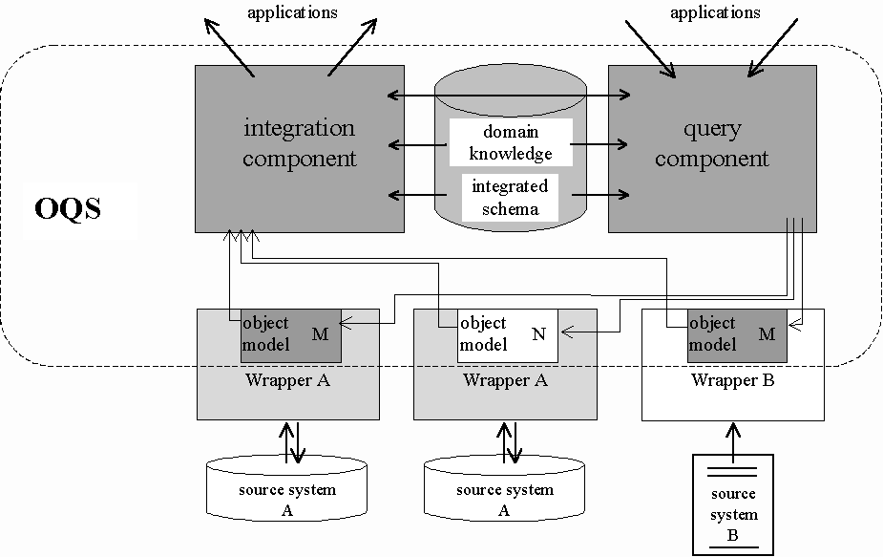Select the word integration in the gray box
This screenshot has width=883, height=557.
[x=299, y=128]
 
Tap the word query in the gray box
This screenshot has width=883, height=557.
[x=711, y=128]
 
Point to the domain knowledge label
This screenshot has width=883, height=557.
[x=510, y=141]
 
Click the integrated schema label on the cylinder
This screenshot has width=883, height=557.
[x=510, y=197]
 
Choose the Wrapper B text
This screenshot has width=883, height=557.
[x=732, y=380]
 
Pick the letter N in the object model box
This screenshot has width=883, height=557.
[x=539, y=333]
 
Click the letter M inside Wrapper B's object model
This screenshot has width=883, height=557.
[x=767, y=333]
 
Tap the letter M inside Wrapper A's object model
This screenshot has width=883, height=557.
[x=320, y=333]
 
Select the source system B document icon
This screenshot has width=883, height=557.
[x=733, y=504]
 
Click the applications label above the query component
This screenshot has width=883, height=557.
[x=715, y=12]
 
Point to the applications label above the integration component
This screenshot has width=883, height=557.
[x=292, y=12]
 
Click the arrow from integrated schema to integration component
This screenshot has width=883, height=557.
[x=420, y=195]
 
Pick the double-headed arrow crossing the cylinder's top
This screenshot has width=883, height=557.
[x=511, y=95]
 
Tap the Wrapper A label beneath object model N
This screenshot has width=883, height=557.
[x=504, y=380]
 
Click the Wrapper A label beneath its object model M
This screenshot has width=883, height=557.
[x=287, y=380]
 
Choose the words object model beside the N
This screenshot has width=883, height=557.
[x=484, y=333]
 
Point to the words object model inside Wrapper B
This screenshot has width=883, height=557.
[x=712, y=333]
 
